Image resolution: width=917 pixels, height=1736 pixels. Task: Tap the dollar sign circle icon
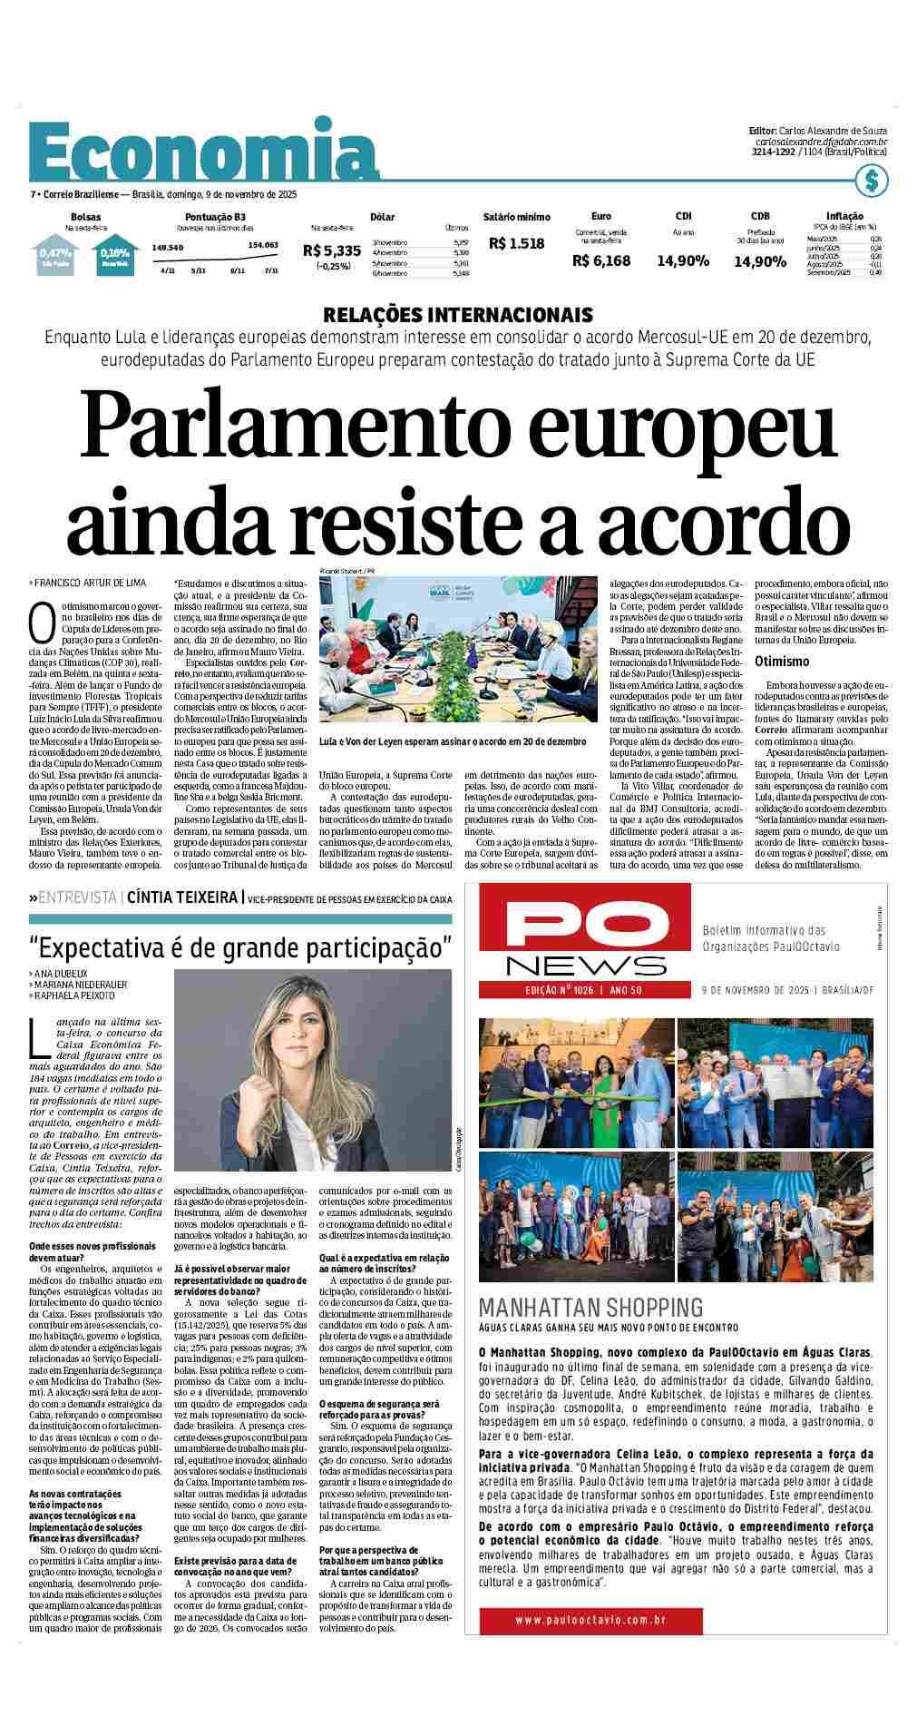(x=871, y=181)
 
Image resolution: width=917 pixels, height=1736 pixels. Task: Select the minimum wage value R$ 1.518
(x=516, y=243)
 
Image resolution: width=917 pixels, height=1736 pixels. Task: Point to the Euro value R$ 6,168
(x=600, y=260)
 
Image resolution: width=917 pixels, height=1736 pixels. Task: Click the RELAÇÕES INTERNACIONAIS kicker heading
(x=458, y=315)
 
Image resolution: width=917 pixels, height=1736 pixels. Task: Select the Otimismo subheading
(x=782, y=662)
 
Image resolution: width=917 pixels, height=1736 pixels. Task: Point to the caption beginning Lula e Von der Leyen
(x=452, y=741)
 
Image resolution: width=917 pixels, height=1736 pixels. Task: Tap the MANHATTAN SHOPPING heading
(x=590, y=1308)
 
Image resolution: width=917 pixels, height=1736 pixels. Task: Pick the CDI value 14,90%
(x=682, y=261)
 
